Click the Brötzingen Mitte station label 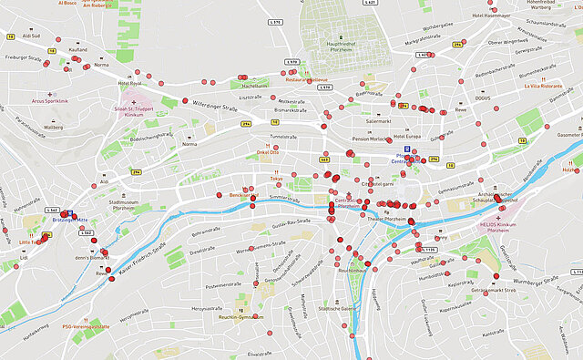[x=69, y=221]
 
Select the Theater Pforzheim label [x=387, y=219]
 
